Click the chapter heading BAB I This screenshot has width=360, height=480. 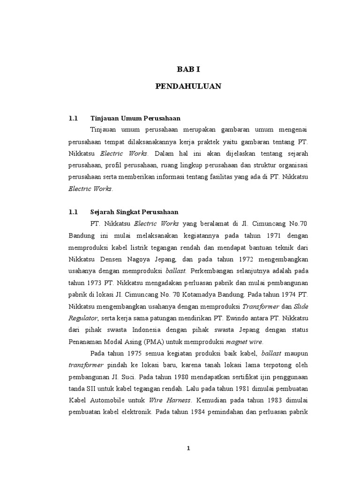[188, 69]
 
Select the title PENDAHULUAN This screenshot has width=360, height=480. [188, 87]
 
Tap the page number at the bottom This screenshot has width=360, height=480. [188, 448]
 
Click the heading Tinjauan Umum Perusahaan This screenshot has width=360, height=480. [135, 118]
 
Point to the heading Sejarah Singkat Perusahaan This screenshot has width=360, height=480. [134, 212]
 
